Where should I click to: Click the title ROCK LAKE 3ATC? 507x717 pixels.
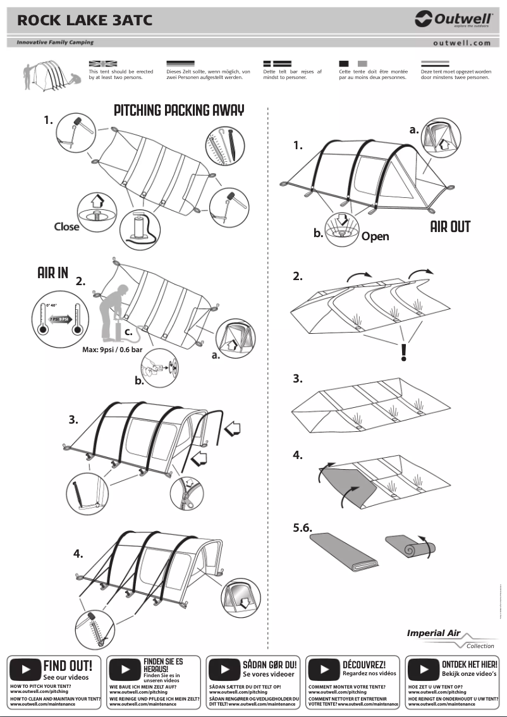[x=85, y=21]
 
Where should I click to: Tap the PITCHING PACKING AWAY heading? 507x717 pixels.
[x=179, y=110]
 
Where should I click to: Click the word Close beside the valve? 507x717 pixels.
[x=66, y=226]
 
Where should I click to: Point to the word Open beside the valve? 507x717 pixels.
[x=375, y=236]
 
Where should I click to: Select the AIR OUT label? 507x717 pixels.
[x=450, y=226]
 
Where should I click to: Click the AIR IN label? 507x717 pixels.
[x=53, y=273]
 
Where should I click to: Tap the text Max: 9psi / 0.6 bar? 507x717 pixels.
[x=116, y=349]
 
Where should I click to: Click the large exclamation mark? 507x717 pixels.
[x=403, y=353]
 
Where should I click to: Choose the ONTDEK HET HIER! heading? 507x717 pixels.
[x=469, y=665]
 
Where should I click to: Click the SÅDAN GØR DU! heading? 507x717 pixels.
[x=269, y=665]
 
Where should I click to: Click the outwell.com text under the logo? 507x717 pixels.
[x=462, y=43]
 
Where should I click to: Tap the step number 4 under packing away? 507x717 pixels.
[x=298, y=455]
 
